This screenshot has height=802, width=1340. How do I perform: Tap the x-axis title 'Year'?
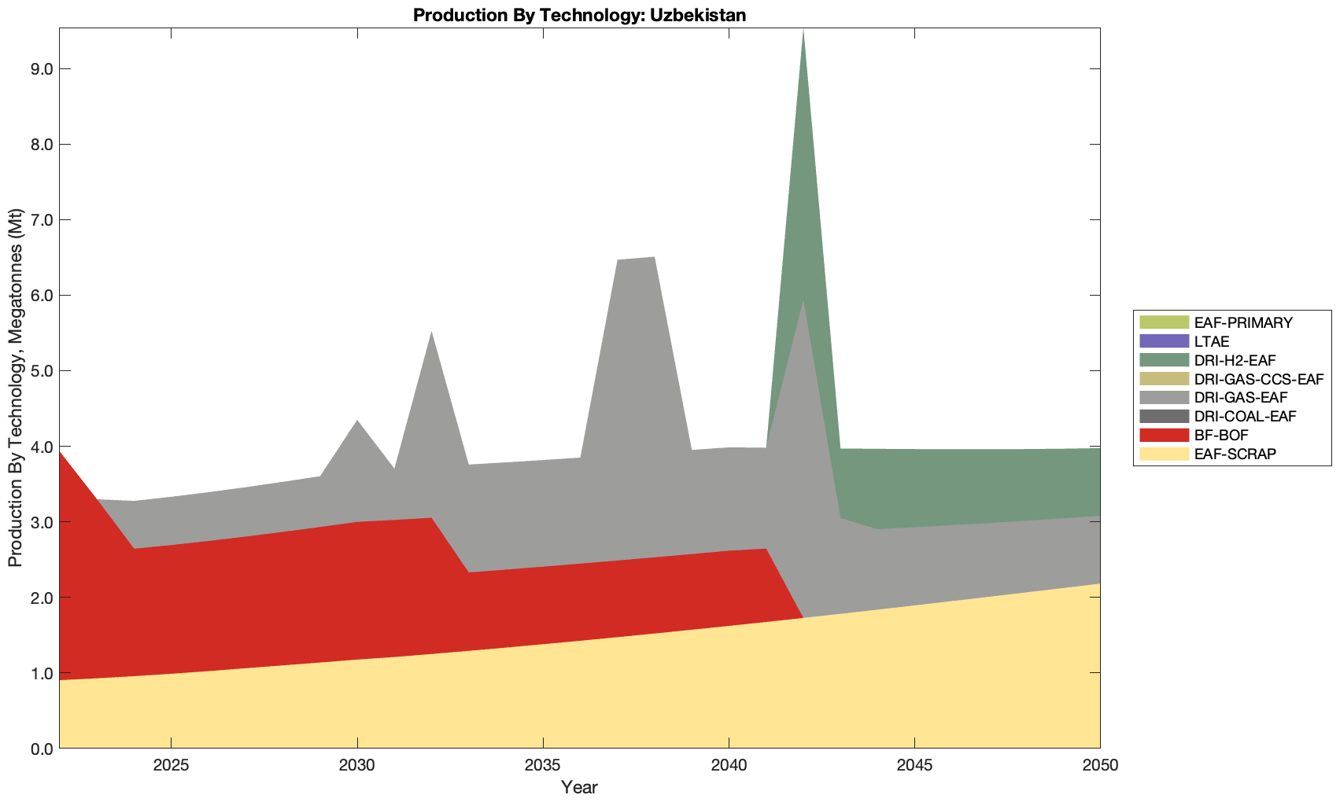(x=579, y=787)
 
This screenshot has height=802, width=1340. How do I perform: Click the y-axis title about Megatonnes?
(x=16, y=388)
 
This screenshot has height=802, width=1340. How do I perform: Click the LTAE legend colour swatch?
(x=1164, y=341)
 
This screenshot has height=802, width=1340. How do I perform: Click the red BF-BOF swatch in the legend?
(x=1164, y=435)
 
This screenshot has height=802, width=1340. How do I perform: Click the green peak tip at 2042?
(x=803, y=30)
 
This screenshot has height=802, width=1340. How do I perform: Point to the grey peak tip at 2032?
(x=431, y=332)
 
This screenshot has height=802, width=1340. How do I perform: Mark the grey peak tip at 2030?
(x=357, y=421)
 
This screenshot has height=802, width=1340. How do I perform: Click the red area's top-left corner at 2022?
(x=61, y=452)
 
